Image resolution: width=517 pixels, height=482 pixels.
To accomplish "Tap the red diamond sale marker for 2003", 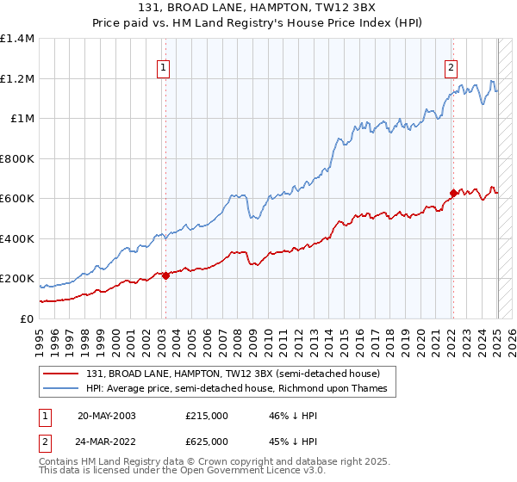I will (165, 276).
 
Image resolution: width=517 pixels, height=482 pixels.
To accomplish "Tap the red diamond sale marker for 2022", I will (452, 194).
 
